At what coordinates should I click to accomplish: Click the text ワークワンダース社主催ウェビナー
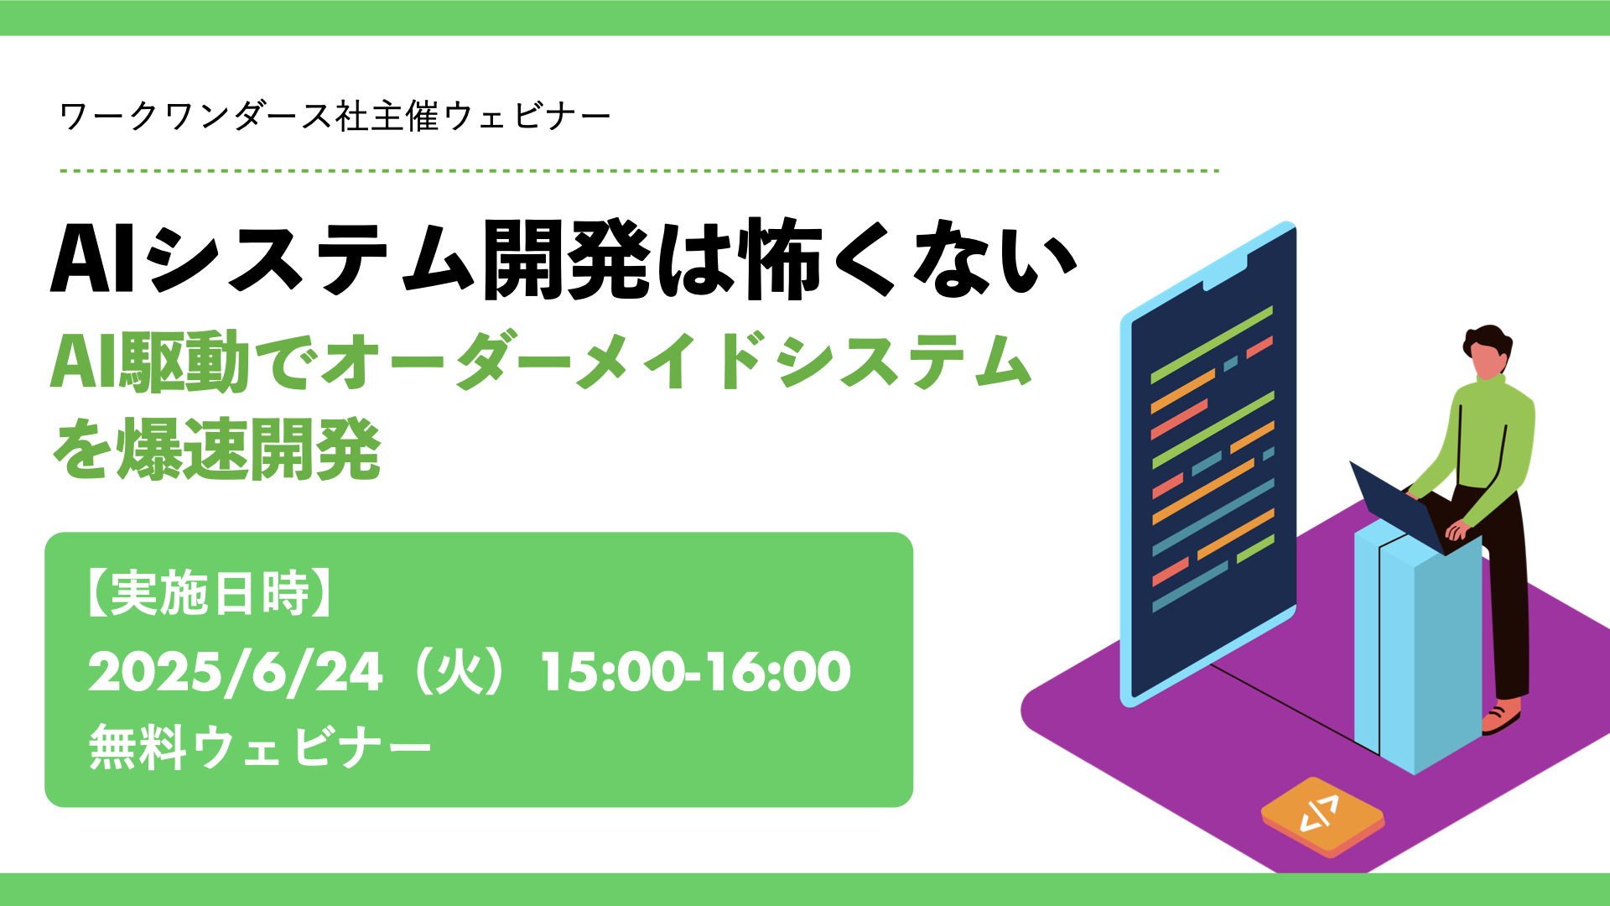[x=335, y=116]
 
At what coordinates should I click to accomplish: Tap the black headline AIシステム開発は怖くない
[x=563, y=259]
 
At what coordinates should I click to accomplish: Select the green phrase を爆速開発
[x=216, y=450]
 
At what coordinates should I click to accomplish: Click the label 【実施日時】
[x=210, y=594]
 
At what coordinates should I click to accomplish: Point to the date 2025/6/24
[x=236, y=672]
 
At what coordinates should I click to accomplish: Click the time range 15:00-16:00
[x=695, y=672]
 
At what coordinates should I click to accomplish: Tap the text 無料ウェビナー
[x=260, y=747]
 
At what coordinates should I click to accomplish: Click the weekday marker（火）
[x=461, y=672]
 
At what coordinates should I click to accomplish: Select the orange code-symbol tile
[x=1322, y=816]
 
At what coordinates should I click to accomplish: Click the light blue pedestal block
[x=1417, y=646]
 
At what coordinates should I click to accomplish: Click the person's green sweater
[x=1484, y=445]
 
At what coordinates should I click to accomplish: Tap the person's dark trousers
[x=1501, y=587]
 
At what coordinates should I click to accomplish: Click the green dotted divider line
[x=639, y=170]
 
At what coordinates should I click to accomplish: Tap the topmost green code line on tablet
[x=1212, y=345]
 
